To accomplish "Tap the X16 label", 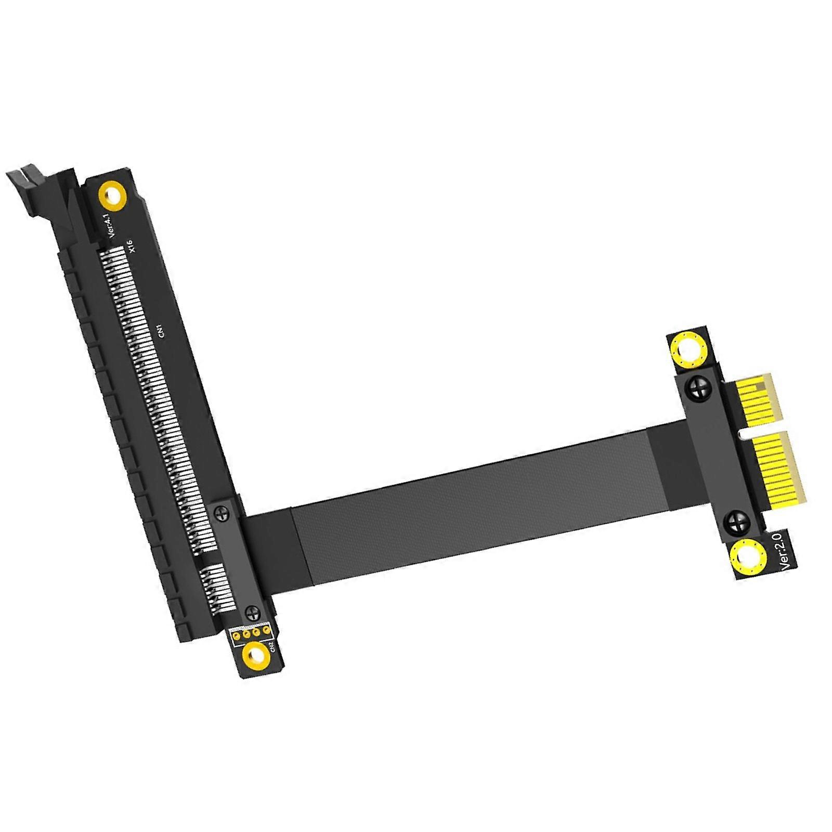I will pyautogui.click(x=131, y=245).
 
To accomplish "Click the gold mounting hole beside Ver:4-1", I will pyautogui.click(x=112, y=197).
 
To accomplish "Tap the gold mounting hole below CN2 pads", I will pyautogui.click(x=256, y=655).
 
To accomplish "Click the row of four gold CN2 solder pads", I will pyautogui.click(x=251, y=632).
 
